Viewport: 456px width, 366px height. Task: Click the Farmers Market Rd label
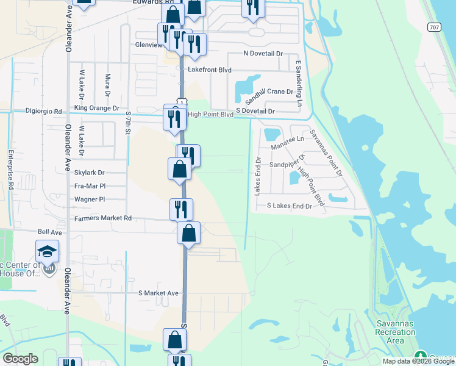pos(102,218)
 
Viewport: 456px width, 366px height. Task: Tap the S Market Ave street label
pos(158,293)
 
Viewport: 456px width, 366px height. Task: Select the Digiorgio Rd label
pos(44,112)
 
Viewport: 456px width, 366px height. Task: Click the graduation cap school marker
pos(46,251)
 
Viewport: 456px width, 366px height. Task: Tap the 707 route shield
pos(433,27)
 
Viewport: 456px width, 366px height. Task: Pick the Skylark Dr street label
pos(89,173)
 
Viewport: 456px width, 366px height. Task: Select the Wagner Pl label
pos(90,199)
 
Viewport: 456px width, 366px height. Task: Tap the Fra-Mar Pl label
pos(90,185)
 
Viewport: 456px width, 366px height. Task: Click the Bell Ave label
pos(50,232)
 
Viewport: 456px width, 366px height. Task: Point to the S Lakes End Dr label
pos(290,206)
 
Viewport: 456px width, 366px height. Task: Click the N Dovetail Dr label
pos(263,54)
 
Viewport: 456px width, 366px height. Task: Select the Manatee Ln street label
pos(288,142)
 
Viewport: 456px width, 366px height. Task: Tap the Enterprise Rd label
pos(11,170)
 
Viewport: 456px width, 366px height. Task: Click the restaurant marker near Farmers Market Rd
pos(181,209)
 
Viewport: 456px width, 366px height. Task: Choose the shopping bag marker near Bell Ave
pos(188,233)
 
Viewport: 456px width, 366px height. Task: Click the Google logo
pos(20,359)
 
